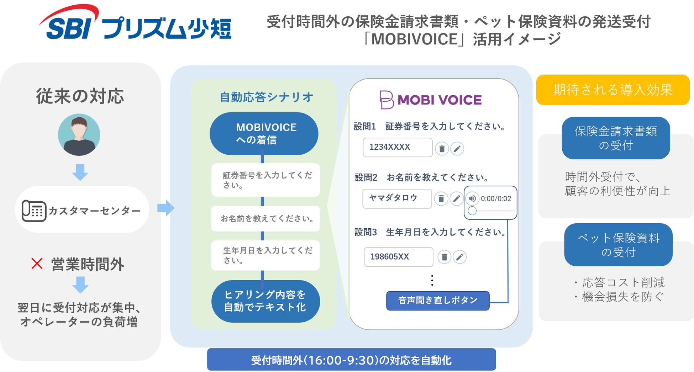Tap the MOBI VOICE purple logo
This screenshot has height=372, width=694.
pos(431,100)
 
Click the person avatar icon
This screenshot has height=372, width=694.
pos(79,135)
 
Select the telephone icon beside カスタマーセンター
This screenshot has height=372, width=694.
pos(34,211)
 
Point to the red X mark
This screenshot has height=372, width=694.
pos(37,264)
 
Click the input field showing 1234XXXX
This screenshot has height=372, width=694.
pos(397,147)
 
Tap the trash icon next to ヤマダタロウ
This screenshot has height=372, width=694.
pos(441,198)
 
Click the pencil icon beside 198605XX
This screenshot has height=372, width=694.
pos(459,257)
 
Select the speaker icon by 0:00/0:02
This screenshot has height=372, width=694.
pos(472,198)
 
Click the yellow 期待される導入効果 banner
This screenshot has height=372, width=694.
pos(612,90)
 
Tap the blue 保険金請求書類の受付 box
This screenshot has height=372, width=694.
pos(616,138)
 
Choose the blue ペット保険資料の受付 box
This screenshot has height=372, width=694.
pos(618,245)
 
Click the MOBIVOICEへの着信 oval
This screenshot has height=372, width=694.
pos(264,133)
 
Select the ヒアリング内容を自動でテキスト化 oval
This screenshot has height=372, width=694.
pos(265,301)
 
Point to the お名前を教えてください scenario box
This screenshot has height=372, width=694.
pos(265,218)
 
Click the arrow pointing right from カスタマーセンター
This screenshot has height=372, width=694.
pos(165,208)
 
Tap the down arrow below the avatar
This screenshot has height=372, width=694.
pos(80,172)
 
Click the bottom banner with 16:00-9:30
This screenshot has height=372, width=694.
pos(351,360)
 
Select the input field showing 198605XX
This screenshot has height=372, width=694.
pos(398,257)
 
